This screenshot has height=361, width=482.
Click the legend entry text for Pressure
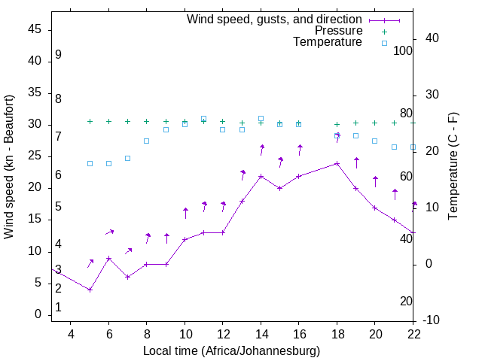(x=338, y=31)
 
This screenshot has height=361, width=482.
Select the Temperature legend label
(x=328, y=42)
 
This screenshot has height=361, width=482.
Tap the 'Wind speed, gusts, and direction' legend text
(x=275, y=19)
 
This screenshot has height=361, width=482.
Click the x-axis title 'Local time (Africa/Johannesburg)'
(x=232, y=351)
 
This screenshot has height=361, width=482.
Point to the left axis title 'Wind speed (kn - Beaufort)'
(x=9, y=167)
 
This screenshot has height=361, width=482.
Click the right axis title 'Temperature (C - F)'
(x=453, y=167)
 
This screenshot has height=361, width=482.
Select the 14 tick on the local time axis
(x=261, y=333)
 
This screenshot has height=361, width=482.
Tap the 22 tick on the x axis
(x=413, y=333)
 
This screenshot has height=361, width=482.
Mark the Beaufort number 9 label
(x=58, y=56)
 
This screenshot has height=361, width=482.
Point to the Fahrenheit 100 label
(x=403, y=50)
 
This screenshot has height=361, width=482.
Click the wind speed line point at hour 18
(x=337, y=163)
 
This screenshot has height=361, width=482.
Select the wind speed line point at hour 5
(x=90, y=290)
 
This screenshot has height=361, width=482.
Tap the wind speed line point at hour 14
(x=261, y=176)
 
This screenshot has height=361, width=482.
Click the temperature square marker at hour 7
(x=127, y=158)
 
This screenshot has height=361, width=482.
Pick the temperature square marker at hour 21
(x=394, y=147)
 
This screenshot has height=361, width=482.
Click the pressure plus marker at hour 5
(x=90, y=121)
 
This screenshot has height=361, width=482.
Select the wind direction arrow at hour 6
(x=109, y=232)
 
